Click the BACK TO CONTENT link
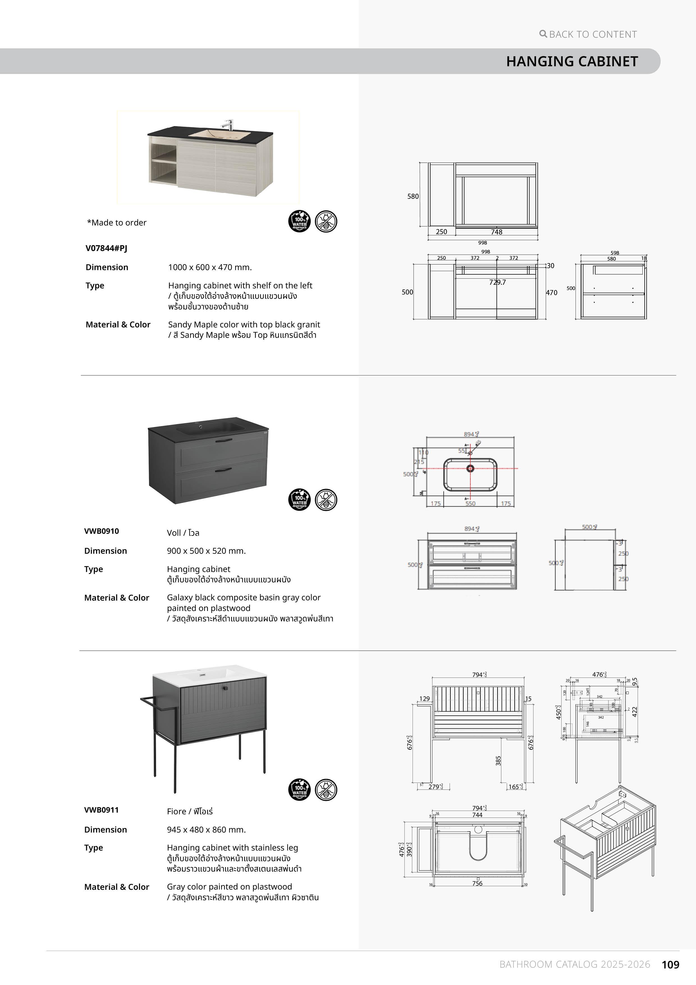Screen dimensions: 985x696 [588, 34]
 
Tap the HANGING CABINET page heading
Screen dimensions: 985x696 [572, 61]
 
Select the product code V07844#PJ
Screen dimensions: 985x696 [106, 248]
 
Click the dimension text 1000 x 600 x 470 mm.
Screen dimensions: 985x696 [210, 267]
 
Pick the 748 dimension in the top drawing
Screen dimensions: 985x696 [496, 232]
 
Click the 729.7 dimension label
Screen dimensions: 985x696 [498, 282]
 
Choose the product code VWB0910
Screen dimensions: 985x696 [102, 531]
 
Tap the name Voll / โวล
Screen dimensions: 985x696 [183, 533]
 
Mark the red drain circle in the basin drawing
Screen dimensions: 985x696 [470, 468]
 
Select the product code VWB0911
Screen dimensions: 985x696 [102, 810]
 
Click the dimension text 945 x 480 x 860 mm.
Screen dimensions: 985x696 [206, 830]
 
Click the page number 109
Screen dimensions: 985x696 [670, 965]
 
